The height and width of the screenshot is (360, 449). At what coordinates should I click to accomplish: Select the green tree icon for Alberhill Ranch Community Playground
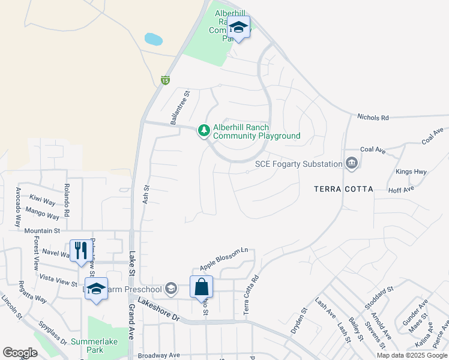click(204, 130)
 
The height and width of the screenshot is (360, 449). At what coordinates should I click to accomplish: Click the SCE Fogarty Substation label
click(298, 163)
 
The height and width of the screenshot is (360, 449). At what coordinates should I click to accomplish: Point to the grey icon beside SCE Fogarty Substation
click(352, 163)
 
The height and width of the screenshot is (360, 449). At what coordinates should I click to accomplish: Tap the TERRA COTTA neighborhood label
click(343, 189)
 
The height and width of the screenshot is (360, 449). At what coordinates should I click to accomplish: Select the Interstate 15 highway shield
click(165, 80)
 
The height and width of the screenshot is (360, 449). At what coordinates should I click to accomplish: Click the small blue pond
click(153, 40)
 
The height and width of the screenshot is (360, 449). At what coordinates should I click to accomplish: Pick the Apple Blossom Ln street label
click(223, 258)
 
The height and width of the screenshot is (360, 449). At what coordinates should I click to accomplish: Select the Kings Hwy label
click(411, 172)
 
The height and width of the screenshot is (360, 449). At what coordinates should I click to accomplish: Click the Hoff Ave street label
click(401, 190)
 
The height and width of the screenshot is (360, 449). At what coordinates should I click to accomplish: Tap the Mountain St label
click(43, 230)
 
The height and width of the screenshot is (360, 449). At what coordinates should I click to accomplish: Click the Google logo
click(20, 352)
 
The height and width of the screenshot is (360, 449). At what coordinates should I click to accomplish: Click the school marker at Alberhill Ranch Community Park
click(240, 28)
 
